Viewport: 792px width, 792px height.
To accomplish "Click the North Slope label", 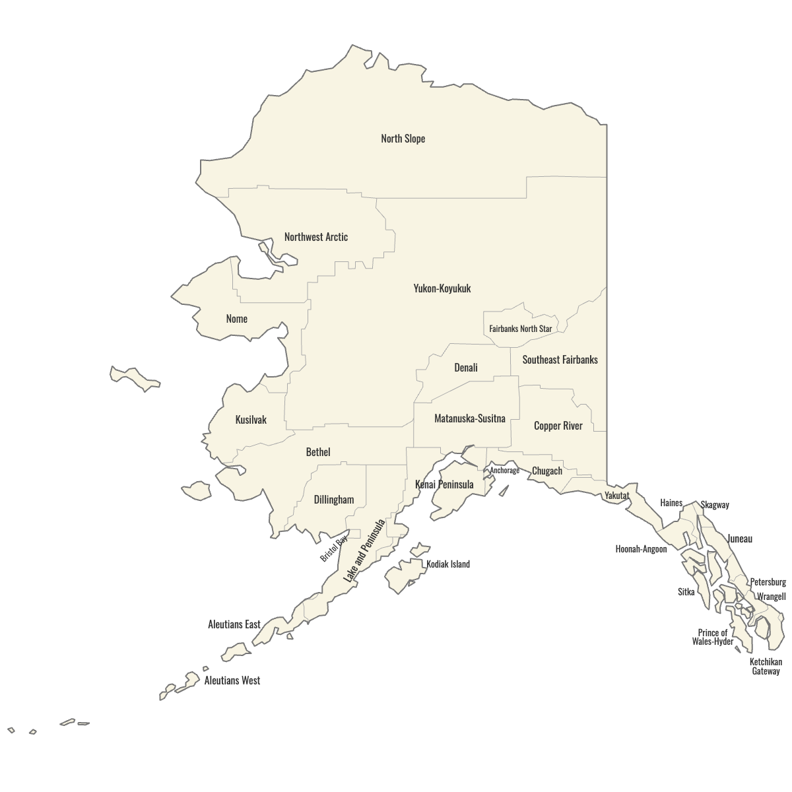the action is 403,139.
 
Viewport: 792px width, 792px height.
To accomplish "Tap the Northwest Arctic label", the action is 315,237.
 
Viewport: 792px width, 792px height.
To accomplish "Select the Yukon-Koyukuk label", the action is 442,288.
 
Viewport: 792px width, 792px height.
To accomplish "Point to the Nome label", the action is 236,319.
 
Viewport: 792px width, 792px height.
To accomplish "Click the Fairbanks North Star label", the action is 520,329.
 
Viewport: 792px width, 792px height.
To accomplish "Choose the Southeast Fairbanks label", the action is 560,360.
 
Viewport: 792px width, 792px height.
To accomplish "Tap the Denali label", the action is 465,368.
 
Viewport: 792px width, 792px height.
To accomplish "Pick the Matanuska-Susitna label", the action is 469,418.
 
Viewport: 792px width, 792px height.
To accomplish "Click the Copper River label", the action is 558,426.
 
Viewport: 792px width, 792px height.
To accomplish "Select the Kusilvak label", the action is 251,420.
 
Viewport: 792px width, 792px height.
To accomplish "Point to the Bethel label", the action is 318,452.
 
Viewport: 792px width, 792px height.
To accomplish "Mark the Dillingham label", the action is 333,500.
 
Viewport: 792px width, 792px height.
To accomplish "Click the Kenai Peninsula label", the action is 444,484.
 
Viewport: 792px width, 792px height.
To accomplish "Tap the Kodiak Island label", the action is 448,564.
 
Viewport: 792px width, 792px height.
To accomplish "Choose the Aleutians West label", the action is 232,680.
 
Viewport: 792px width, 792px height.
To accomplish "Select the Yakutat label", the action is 616,496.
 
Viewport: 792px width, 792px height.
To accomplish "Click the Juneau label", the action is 740,539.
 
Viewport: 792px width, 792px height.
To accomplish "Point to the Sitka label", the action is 686,592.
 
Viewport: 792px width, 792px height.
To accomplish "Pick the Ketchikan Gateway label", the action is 766,667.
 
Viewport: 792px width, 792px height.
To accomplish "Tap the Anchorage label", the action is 504,471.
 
